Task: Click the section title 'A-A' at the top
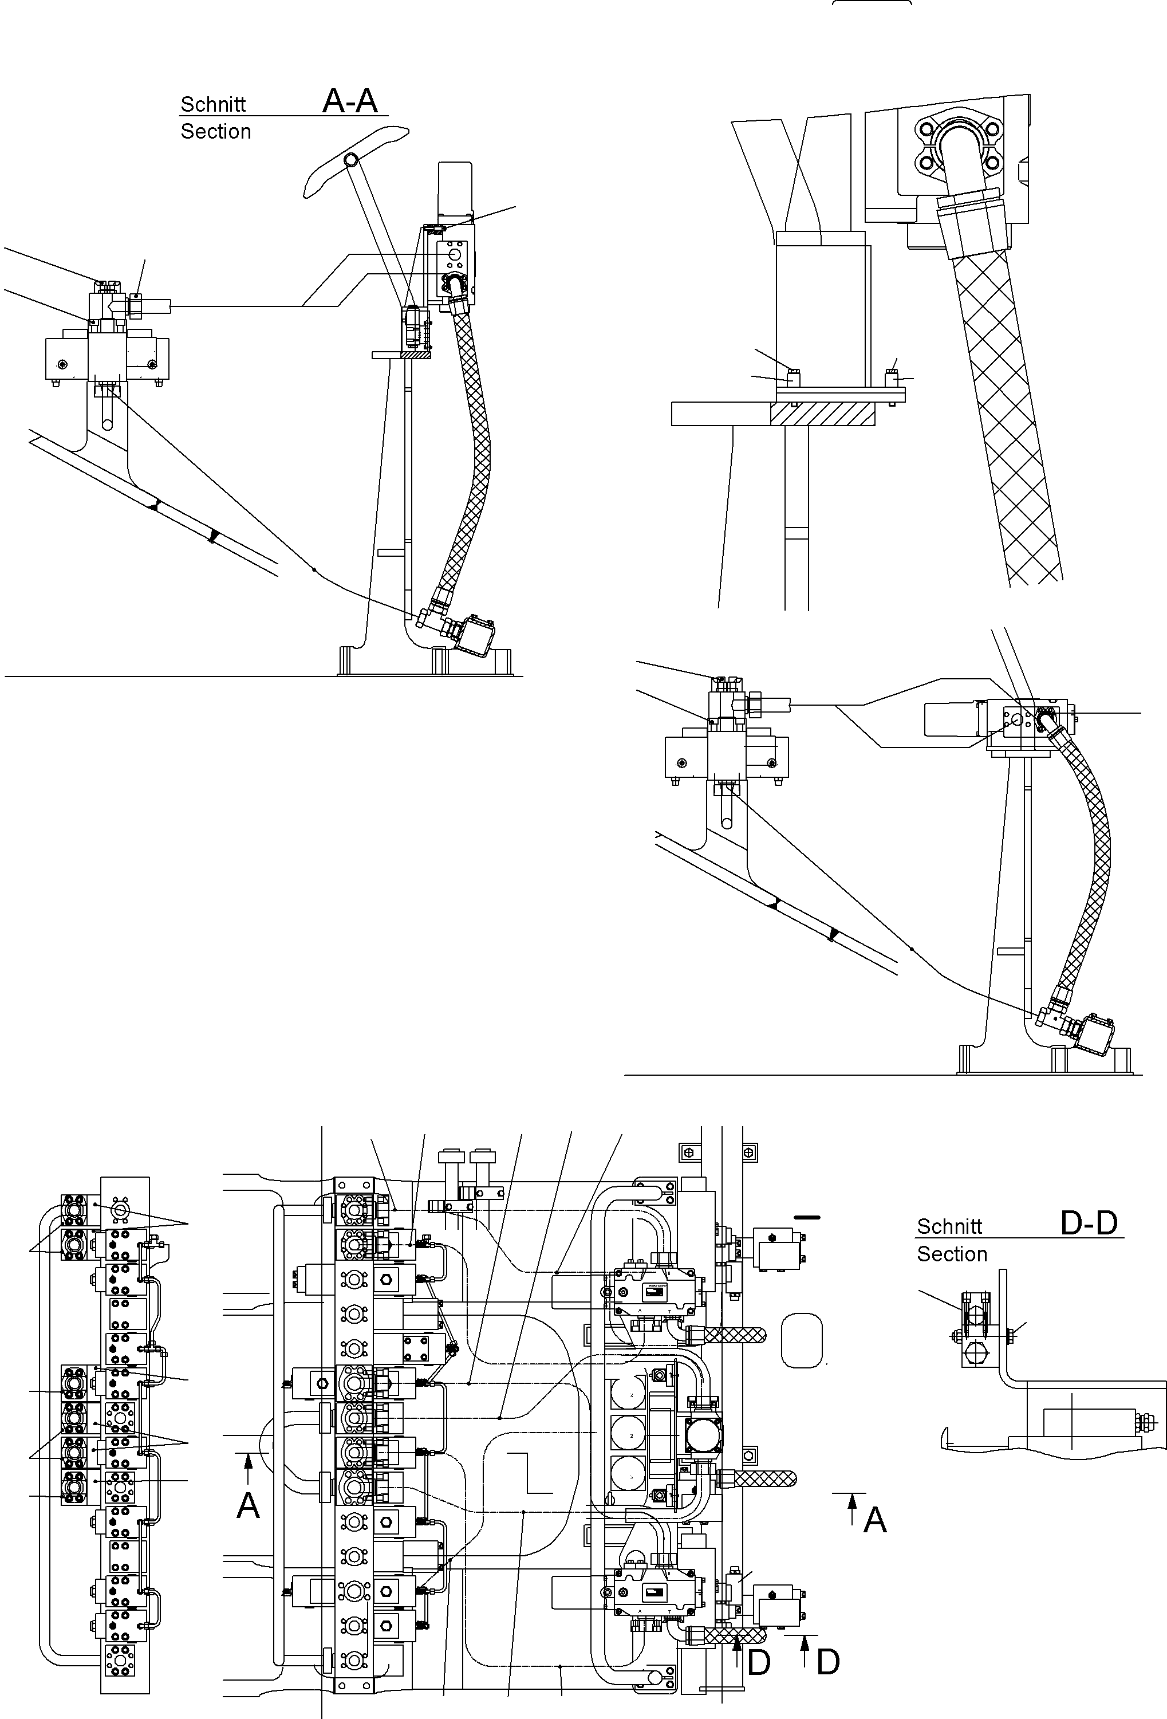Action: coord(350,101)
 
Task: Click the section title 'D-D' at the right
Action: coord(1088,1224)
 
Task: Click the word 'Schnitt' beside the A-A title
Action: coord(213,104)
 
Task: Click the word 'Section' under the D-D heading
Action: coord(952,1254)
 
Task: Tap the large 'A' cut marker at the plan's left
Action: coord(248,1505)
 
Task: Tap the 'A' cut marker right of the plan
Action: coord(875,1520)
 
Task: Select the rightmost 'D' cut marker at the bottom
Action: coord(828,1663)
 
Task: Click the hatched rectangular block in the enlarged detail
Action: coord(822,414)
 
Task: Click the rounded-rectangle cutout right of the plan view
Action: coord(802,1340)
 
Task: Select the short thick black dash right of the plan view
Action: coord(807,1217)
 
